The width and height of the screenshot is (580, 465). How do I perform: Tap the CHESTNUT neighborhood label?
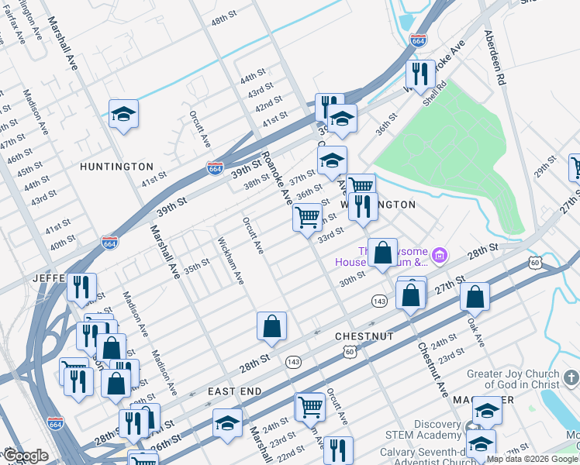(364, 336)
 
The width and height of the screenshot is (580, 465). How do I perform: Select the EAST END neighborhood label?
(235, 392)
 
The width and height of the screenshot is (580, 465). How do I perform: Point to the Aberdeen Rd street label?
(494, 59)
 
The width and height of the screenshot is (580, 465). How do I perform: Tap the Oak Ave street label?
(475, 330)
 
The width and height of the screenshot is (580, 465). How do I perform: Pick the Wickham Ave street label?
(230, 260)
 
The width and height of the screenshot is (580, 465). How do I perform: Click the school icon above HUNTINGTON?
(123, 114)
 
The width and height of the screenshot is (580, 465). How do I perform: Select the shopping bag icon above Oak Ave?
(475, 296)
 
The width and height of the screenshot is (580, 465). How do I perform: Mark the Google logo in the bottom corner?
(26, 456)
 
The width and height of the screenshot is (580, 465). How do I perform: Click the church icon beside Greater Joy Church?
(571, 377)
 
